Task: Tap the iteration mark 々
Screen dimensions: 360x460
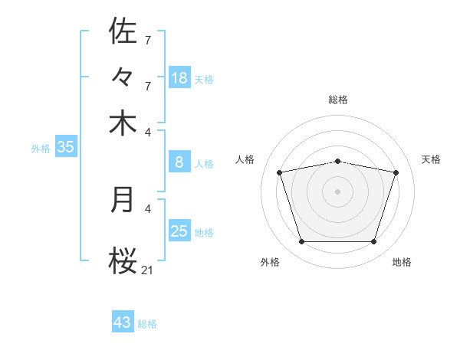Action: tap(123, 77)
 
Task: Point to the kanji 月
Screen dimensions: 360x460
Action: tap(123, 200)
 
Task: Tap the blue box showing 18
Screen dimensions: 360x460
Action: tap(179, 77)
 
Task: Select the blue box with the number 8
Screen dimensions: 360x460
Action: tap(179, 162)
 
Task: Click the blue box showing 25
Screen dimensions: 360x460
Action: tap(179, 231)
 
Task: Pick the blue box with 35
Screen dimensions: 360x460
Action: tap(65, 148)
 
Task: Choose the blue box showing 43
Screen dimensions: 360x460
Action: tap(123, 322)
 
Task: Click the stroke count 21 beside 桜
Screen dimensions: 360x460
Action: tap(147, 270)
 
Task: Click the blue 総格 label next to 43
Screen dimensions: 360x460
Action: tap(147, 324)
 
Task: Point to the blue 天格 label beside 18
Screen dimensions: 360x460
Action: tap(204, 80)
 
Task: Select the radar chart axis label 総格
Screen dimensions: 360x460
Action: tap(338, 100)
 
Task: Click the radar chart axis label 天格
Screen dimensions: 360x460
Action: tap(432, 159)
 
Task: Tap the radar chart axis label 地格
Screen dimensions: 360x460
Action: tap(402, 263)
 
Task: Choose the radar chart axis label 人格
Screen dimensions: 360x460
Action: tap(245, 159)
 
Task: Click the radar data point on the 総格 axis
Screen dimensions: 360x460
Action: tap(338, 161)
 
